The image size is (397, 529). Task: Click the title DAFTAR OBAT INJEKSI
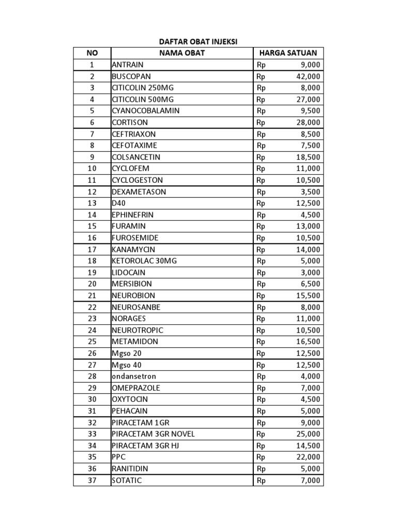click(198, 42)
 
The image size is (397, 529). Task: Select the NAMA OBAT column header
click(182, 53)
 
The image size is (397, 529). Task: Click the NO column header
click(92, 53)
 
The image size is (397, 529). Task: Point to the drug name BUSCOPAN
click(131, 76)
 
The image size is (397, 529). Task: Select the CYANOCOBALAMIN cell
click(146, 111)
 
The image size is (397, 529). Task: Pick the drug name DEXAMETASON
click(139, 192)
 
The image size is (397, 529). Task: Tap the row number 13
click(92, 203)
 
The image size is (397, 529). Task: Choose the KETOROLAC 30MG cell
click(144, 261)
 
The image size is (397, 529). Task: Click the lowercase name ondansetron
click(134, 377)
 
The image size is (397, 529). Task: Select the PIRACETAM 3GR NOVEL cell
click(153, 434)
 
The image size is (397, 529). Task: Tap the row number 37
click(92, 480)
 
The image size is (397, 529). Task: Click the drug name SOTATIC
click(127, 480)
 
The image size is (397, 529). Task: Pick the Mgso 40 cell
click(127, 365)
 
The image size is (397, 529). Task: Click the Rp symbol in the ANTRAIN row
click(261, 65)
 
